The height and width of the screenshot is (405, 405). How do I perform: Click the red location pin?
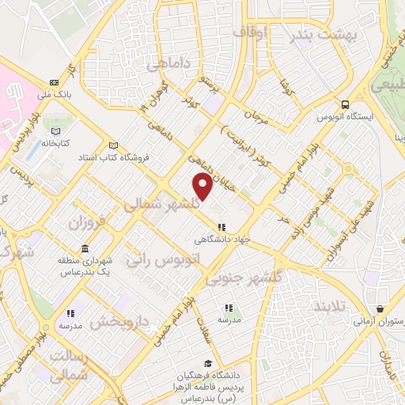202,187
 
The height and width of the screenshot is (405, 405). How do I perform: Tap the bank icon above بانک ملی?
53,82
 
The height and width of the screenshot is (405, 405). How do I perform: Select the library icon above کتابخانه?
55,131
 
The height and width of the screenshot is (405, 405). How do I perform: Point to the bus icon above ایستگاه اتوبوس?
345,104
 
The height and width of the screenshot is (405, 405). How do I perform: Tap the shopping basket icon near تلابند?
380,308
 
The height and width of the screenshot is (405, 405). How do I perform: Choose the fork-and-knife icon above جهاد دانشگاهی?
221,226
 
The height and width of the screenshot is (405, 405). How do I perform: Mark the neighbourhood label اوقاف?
253,32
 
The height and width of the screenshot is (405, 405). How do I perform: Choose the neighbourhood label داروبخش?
119,320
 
